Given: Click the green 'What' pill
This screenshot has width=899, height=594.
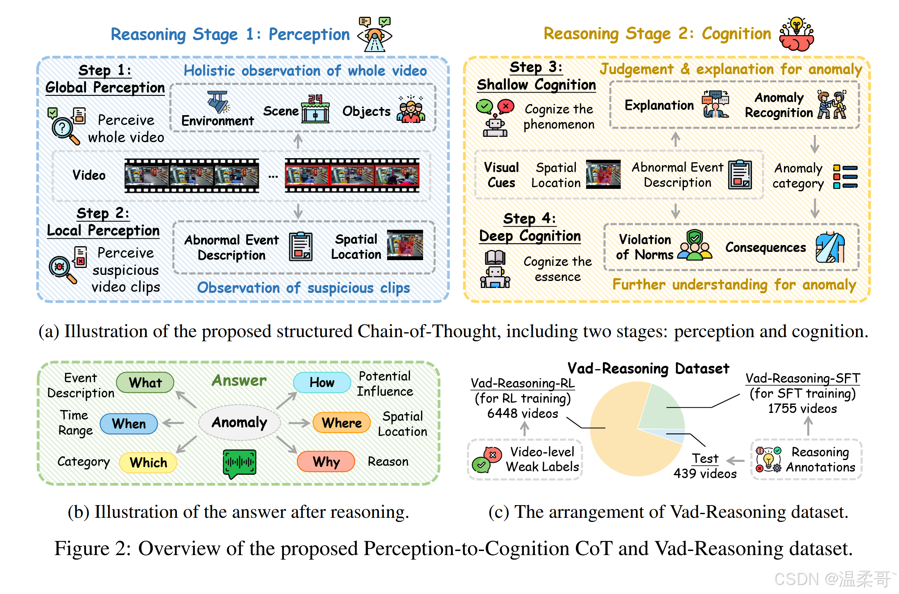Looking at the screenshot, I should coord(145,382).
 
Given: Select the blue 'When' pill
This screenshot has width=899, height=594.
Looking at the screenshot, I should coord(129,423).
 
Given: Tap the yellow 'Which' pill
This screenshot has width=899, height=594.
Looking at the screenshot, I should coord(148,463).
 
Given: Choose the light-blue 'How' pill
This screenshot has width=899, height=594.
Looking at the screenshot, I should coord(322,382).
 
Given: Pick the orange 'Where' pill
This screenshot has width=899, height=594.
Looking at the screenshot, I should coord(341,422).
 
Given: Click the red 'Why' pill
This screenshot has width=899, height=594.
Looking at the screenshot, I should coord(326,461).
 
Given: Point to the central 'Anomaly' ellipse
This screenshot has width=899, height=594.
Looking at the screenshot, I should coord(240,422).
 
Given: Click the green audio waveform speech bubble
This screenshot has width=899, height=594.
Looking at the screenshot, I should coord(240,463).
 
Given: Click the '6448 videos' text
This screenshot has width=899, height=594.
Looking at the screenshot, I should coord(523,413).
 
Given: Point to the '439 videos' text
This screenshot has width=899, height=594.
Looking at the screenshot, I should coord(705,474).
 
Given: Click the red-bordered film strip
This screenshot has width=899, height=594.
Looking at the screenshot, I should coord(352,175).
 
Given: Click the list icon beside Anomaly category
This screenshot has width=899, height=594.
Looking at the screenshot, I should coord(845,177).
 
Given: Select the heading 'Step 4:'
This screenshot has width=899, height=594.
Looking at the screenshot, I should coord(529,218).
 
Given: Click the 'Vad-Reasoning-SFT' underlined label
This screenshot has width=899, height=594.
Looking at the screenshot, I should coord(802,378).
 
